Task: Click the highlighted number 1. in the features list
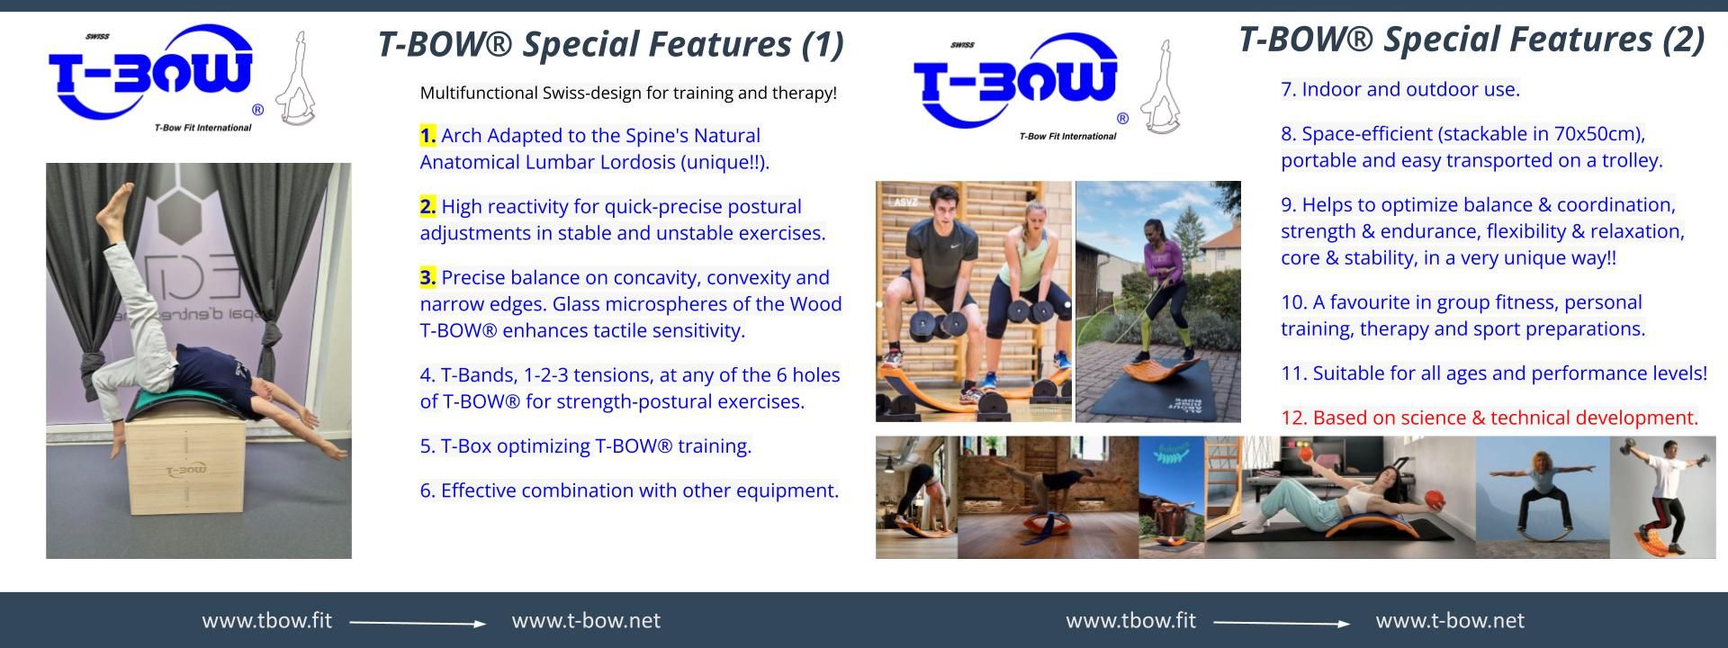click(x=427, y=136)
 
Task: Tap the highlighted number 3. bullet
click(x=427, y=278)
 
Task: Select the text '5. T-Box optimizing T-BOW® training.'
click(x=585, y=446)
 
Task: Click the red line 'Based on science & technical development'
click(x=1489, y=418)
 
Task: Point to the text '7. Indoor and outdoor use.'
click(x=1399, y=90)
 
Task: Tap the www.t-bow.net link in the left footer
click(x=586, y=621)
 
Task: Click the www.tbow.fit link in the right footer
click(x=1130, y=621)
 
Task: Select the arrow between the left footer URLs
click(x=417, y=623)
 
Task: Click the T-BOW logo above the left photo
click(x=151, y=76)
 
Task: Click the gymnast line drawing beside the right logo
click(x=1161, y=90)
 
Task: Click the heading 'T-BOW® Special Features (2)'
click(x=1471, y=40)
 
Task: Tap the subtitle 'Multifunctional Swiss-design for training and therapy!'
click(x=628, y=93)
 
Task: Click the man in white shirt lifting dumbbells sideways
click(x=1665, y=495)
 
